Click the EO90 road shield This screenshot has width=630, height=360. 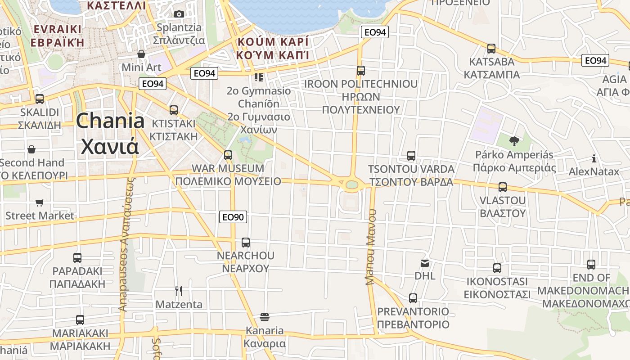233,217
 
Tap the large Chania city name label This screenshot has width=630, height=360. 110,133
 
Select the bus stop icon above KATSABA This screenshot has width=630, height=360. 491,48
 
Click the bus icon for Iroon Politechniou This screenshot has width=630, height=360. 360,71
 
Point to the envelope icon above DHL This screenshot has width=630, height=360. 425,263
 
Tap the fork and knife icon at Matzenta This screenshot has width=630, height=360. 179,291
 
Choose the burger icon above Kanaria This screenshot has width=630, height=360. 265,317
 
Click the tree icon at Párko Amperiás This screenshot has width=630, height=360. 514,141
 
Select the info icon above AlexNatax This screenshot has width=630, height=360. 594,158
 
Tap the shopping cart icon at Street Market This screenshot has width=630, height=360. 40,203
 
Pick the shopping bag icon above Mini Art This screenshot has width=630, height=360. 141,54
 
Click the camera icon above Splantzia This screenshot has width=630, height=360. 179,14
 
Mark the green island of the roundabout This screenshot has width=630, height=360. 352,184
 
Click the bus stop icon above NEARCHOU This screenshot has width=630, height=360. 246,243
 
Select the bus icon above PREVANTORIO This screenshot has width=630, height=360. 413,298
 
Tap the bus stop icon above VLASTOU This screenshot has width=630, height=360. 503,187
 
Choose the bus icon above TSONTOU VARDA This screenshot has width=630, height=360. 411,156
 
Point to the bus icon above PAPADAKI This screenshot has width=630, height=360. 77,258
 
